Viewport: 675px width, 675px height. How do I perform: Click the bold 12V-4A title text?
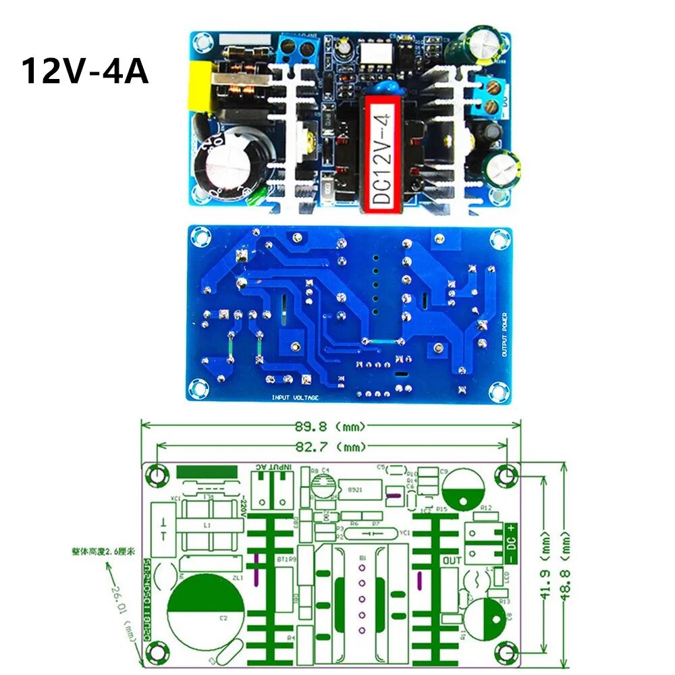[85, 71]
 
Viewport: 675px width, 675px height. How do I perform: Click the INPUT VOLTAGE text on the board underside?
[295, 398]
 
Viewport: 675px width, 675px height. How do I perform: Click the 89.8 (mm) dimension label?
[331, 427]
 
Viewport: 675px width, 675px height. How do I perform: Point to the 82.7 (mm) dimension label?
[331, 447]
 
